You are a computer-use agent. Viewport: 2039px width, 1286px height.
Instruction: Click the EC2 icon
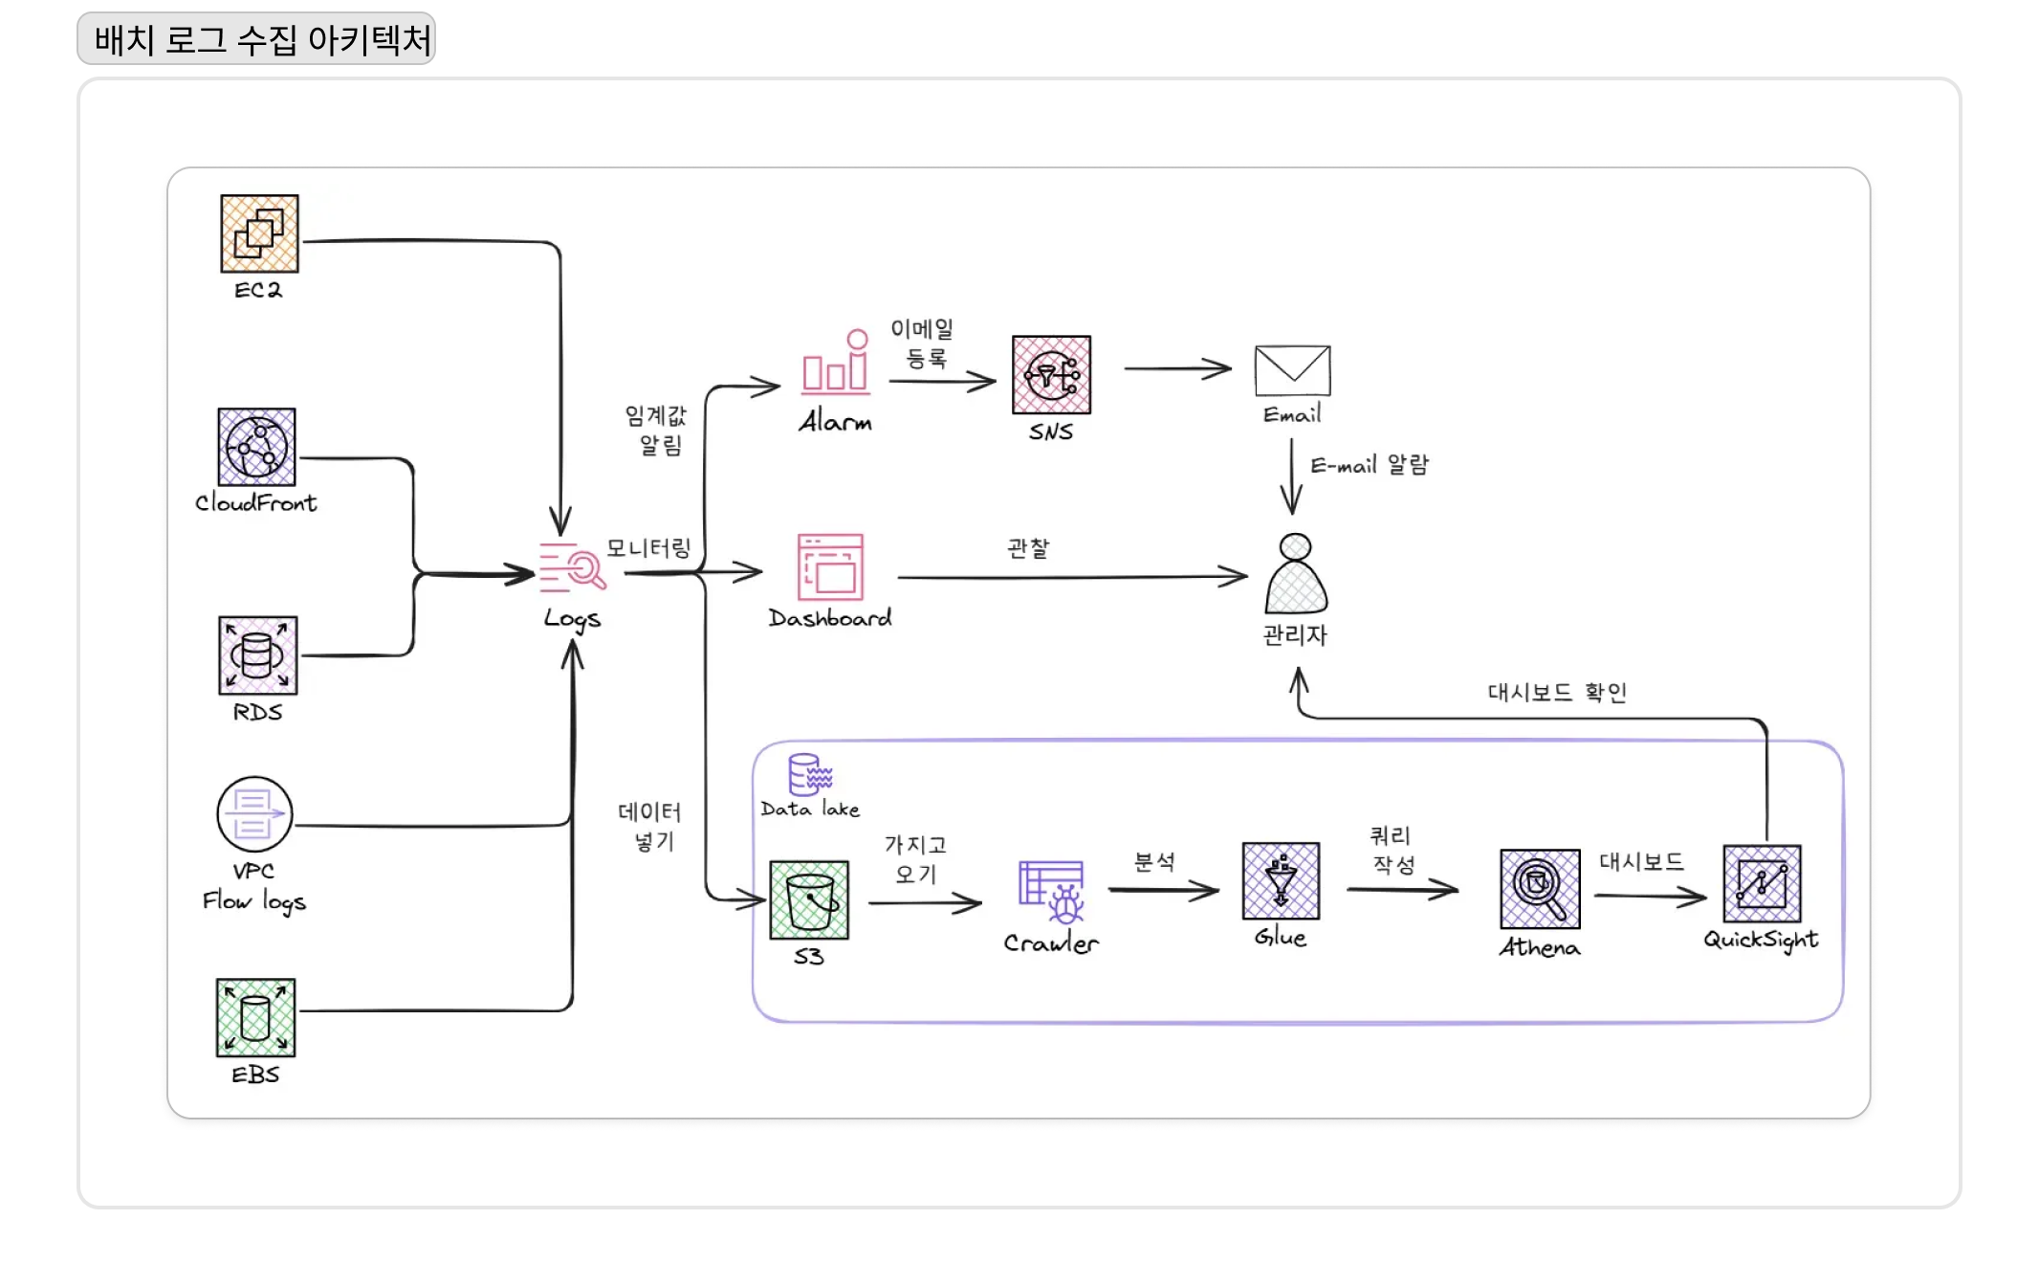pos(259,233)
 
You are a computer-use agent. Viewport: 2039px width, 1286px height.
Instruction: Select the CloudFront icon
pos(256,447)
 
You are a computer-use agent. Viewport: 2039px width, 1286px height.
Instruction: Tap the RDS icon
pos(257,655)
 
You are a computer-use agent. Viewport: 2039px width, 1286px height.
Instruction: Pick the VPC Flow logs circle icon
pos(254,814)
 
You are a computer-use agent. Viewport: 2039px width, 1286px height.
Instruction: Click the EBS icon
pos(255,1017)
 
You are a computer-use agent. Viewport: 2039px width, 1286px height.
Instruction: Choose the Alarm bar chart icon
pos(836,362)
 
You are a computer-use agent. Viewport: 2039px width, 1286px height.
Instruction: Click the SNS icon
pos(1051,374)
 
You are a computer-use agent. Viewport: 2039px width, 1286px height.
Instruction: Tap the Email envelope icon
pos(1292,370)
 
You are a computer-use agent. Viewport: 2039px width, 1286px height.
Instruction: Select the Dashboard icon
pos(830,567)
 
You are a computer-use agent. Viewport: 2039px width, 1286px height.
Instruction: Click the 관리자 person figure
pos(1296,573)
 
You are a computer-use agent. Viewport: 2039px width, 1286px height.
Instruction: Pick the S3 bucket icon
pos(809,899)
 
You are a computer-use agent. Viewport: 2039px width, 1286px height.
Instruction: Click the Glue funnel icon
pos(1281,881)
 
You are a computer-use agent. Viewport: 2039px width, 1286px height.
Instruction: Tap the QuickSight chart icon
pos(1762,883)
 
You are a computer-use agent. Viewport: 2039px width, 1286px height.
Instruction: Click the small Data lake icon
pos(810,774)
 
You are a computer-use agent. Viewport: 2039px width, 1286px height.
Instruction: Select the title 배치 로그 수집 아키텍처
pos(263,39)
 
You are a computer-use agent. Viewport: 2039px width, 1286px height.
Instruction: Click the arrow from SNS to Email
pos(1177,368)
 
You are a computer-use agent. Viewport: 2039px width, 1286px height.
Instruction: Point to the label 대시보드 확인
pos(1557,692)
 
